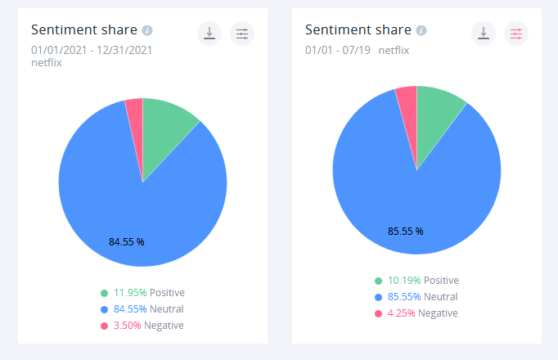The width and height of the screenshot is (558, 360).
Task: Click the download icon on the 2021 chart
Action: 209,34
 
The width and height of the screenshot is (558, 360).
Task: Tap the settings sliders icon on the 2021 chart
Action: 242,34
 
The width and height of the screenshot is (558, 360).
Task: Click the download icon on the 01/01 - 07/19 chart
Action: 484,34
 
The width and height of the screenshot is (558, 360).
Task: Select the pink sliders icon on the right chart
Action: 516,34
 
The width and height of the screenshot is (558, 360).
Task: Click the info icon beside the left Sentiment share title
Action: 147,30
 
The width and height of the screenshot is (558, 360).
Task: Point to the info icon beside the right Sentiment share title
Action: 421,30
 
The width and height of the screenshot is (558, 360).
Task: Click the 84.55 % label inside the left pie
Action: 126,241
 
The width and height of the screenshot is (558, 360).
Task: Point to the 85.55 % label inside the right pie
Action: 406,231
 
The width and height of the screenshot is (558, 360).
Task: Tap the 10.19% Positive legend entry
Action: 416,281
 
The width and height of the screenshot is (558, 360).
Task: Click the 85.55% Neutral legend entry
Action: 416,297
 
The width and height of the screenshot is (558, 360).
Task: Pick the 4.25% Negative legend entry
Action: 416,313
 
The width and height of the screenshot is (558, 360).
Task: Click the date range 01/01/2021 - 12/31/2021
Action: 92,50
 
